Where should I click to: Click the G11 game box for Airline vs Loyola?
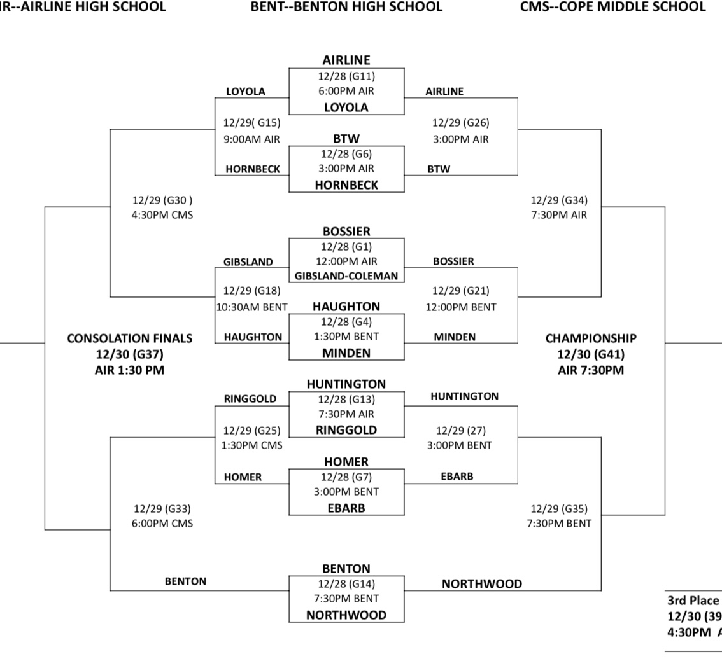346,92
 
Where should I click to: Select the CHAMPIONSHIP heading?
591,338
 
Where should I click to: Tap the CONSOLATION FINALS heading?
130,338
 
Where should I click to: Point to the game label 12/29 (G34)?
559,200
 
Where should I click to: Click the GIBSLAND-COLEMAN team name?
346,276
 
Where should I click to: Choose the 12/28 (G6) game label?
346,153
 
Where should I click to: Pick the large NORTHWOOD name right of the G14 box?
481,584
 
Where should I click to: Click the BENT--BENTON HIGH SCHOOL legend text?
346,6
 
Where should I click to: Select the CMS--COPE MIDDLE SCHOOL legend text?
613,6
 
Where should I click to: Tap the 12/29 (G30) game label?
162,200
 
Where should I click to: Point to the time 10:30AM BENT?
252,307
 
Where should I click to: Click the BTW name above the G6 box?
346,139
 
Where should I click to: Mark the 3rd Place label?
693,601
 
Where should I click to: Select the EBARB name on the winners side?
457,476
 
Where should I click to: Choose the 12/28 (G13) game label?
346,400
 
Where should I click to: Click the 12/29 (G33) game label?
162,509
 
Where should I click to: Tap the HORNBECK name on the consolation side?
253,169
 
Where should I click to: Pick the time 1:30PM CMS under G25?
252,445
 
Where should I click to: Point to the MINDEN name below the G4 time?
346,353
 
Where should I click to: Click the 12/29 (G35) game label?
559,509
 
